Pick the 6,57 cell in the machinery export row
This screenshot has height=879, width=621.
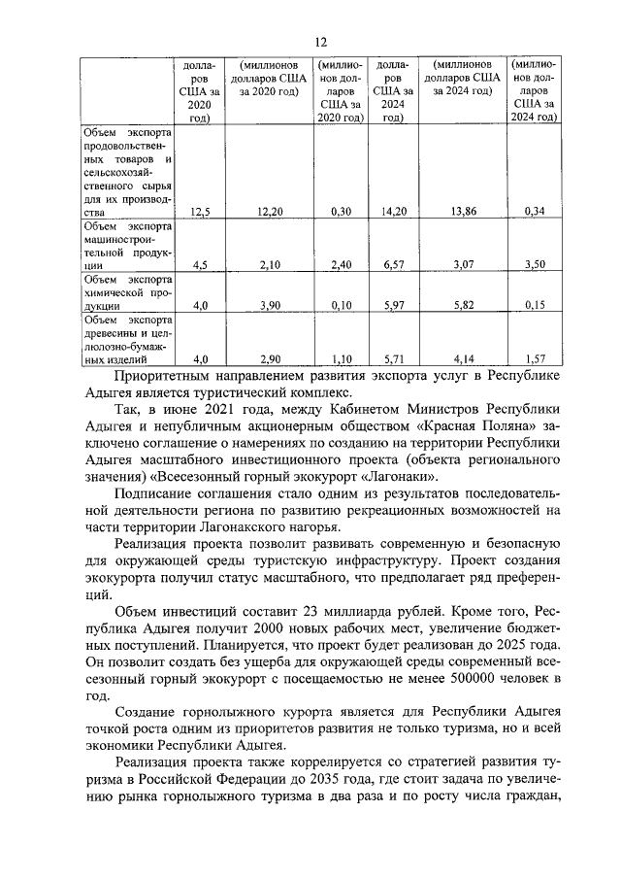pyautogui.click(x=392, y=263)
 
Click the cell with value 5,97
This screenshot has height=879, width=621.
pyautogui.click(x=392, y=305)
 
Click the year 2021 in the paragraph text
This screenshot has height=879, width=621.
pyautogui.click(x=218, y=409)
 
